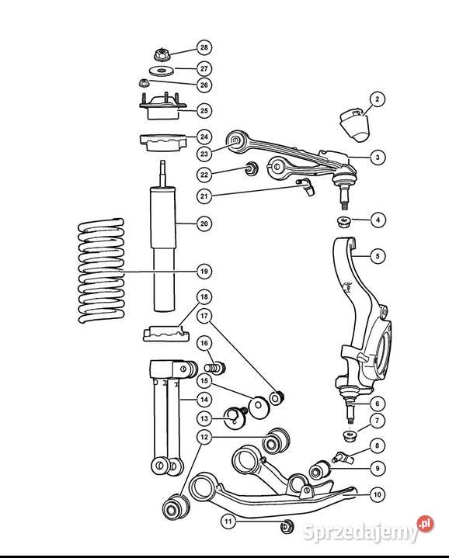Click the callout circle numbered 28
204,47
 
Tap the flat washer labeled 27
162,71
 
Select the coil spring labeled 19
101,270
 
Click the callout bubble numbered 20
204,224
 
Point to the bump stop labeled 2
355,125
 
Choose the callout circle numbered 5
378,255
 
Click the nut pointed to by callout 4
343,222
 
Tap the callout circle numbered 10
378,494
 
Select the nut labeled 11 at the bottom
287,526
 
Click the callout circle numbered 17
204,316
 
